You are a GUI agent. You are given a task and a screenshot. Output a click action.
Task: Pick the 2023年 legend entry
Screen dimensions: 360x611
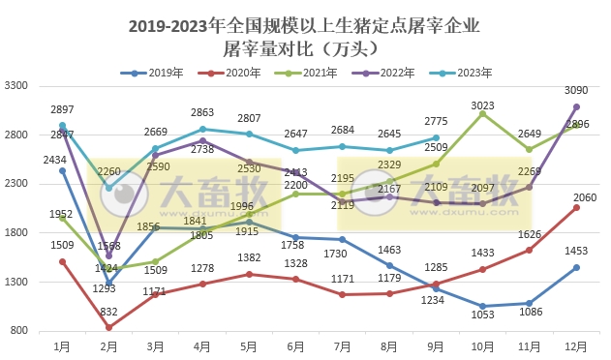[x=471, y=73]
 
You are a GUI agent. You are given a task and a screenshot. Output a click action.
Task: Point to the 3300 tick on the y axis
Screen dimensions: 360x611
[x=15, y=86]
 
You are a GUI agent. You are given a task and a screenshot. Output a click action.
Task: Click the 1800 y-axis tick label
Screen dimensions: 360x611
[x=15, y=232]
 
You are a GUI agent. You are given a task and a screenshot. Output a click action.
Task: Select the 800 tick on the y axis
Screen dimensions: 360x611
[x=18, y=331]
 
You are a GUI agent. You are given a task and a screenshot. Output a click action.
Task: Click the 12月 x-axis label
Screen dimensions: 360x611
[x=575, y=345]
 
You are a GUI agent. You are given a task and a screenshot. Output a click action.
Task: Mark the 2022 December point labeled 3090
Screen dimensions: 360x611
[x=576, y=106]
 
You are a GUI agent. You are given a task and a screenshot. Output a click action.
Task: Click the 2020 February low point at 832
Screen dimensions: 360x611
[x=108, y=327]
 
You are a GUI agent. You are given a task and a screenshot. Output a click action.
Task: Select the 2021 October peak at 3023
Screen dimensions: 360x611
[x=482, y=113]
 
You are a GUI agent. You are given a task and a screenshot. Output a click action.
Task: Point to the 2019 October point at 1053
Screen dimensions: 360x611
[x=482, y=306]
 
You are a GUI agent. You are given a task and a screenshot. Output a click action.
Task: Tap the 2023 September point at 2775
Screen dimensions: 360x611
[x=436, y=137]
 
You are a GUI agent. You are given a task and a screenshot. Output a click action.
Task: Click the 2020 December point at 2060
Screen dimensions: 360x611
[x=576, y=207]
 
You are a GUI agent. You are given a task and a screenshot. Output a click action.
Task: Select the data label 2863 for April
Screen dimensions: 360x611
[x=201, y=113]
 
